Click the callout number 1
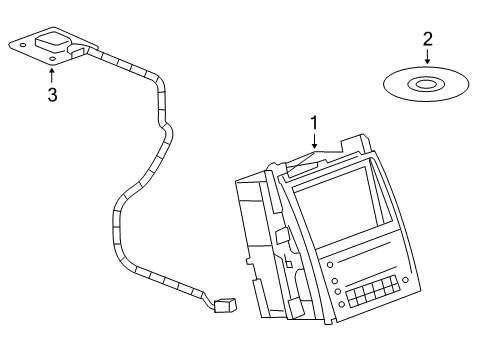tap(315, 123)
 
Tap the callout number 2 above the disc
tap(428, 39)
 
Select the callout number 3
tap(52, 95)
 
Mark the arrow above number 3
tap(52, 76)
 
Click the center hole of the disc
tap(425, 84)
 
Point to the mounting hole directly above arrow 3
tap(51, 62)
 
